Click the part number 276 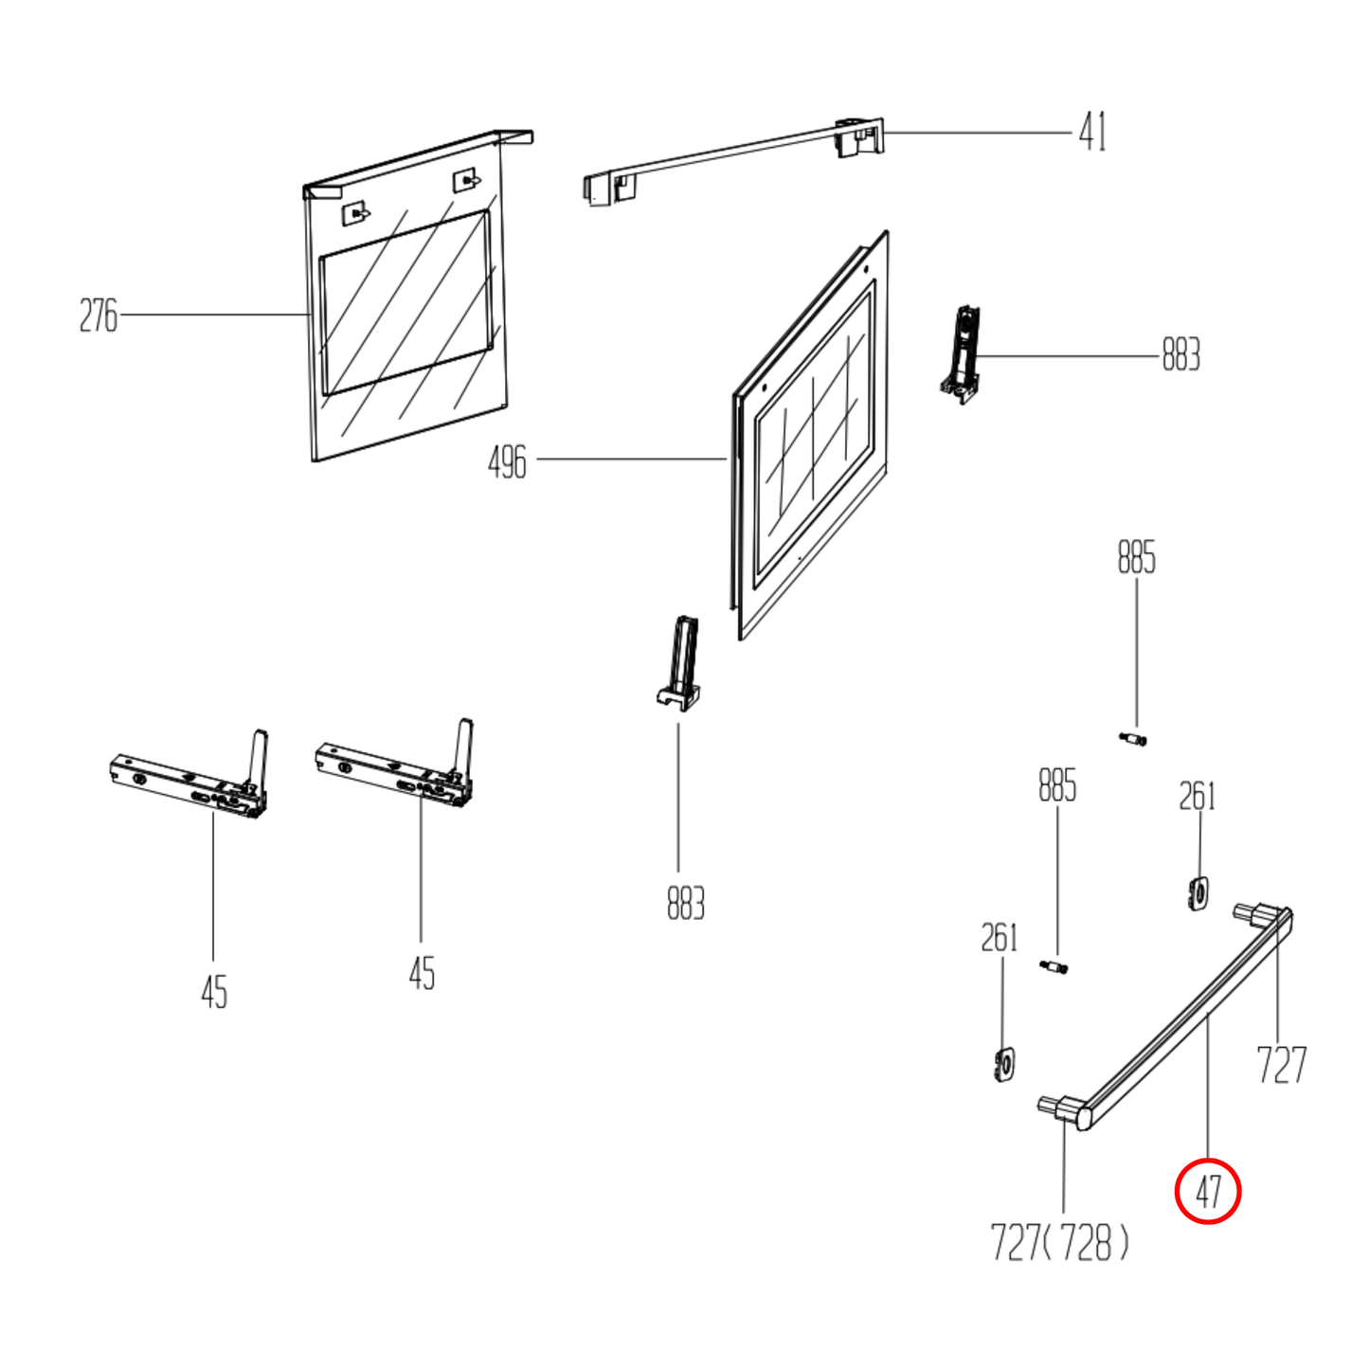[98, 316]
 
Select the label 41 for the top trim [1092, 133]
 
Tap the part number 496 [507, 462]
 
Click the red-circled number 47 [1208, 1192]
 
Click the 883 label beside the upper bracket [1180, 354]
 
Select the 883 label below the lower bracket [686, 904]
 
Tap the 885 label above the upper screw [1136, 557]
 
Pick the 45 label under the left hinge [214, 992]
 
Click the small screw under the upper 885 [1132, 740]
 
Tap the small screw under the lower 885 [1054, 967]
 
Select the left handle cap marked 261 [1004, 1064]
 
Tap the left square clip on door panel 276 [355, 213]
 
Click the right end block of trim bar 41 [859, 137]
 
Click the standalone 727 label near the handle [1282, 1064]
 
